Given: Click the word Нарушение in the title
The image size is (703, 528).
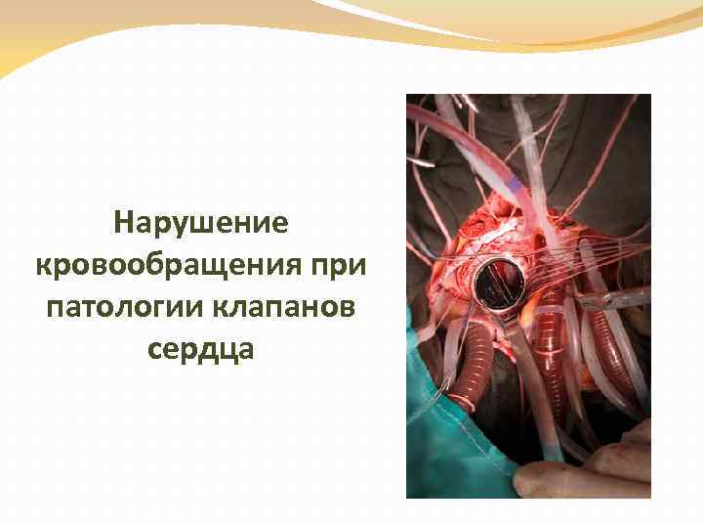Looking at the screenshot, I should (x=201, y=223).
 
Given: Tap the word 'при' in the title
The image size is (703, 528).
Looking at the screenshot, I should (x=356, y=265).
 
